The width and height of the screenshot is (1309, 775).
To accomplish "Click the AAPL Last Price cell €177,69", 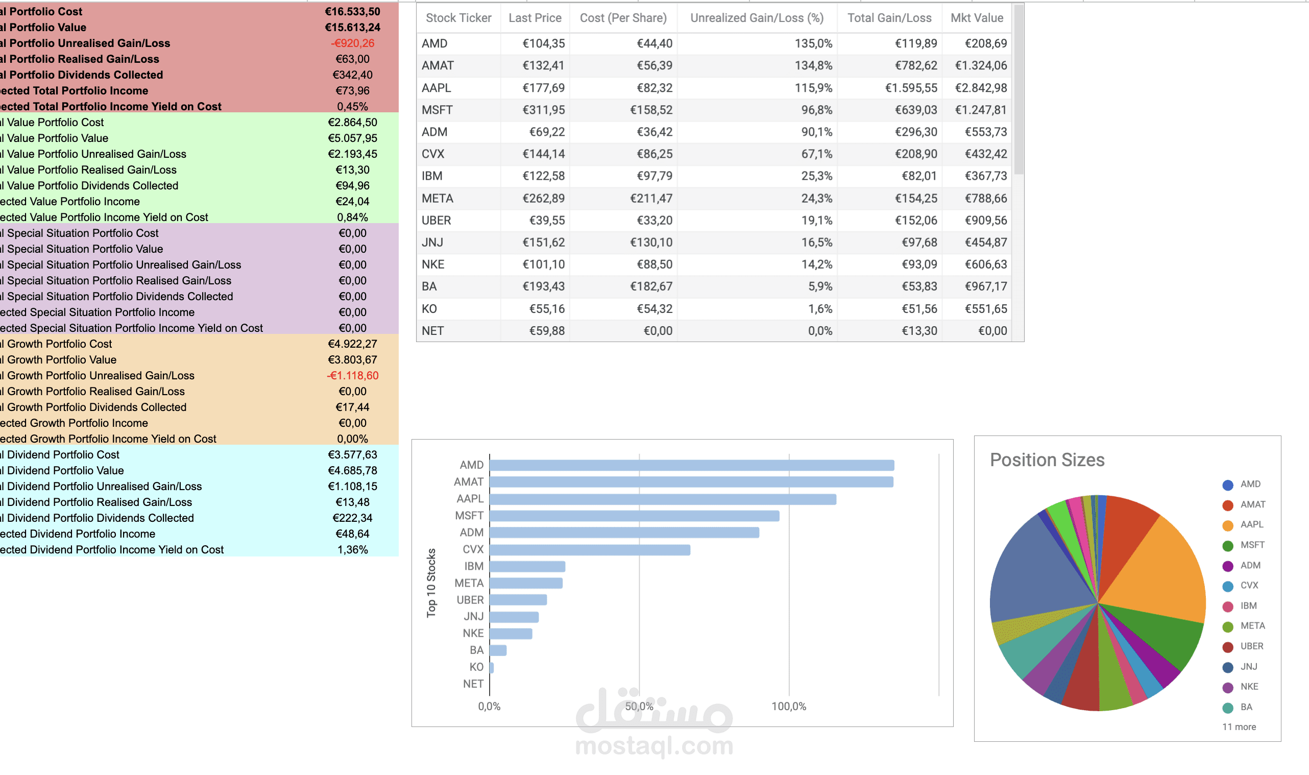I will (x=543, y=88).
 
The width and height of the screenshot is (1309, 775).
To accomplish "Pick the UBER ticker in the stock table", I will (x=436, y=221).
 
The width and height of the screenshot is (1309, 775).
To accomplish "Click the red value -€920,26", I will (x=352, y=43).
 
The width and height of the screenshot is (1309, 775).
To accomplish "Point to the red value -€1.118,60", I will (x=352, y=375).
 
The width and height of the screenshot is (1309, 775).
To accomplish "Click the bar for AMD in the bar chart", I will (x=691, y=465).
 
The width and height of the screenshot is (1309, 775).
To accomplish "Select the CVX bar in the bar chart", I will (x=590, y=549).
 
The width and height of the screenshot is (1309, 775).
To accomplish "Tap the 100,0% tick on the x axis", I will (x=788, y=706).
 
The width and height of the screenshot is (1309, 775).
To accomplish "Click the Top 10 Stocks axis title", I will (x=431, y=583).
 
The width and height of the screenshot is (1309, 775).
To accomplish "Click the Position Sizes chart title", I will (x=1047, y=459).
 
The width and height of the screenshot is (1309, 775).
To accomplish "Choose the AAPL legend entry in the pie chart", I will (x=1250, y=524).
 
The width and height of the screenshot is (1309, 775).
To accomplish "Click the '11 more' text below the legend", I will (x=1239, y=726).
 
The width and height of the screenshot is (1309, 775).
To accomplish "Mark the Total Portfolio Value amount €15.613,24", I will (x=352, y=27).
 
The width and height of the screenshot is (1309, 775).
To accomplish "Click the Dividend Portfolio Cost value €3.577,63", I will (x=352, y=454).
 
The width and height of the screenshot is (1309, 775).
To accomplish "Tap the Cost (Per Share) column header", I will (x=623, y=18).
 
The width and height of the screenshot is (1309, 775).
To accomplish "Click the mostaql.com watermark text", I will (x=653, y=746).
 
